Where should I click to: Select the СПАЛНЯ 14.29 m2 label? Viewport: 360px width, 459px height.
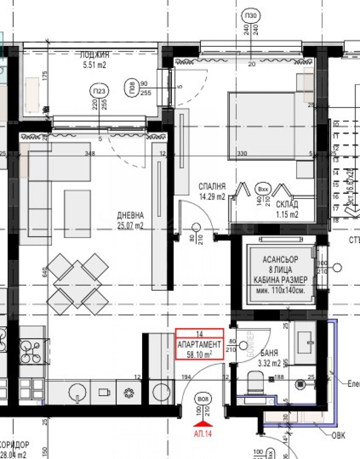212,192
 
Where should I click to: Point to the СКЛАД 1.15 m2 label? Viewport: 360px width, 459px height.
287,210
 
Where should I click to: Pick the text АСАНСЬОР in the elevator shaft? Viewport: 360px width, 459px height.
280,261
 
